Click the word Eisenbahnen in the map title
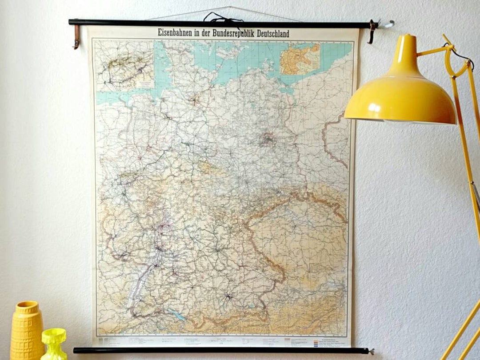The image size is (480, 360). pyautogui.click(x=177, y=33)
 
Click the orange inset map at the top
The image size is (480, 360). pyautogui.click(x=300, y=59)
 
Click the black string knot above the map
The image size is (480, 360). pyautogui.click(x=224, y=18)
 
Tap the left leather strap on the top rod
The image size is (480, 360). pyautogui.click(x=77, y=36)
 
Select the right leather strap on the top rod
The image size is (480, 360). pyautogui.click(x=371, y=32)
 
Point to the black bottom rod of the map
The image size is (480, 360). pyautogui.click(x=222, y=351)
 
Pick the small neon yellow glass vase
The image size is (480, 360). pyautogui.click(x=54, y=343)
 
